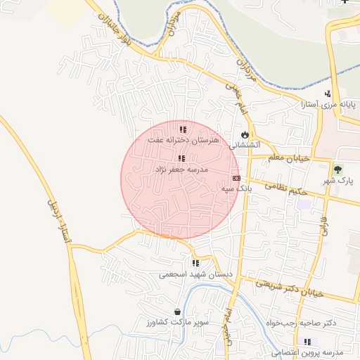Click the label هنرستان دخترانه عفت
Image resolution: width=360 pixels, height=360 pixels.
[184, 141]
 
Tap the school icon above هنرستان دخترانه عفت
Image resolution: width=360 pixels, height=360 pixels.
[183, 129]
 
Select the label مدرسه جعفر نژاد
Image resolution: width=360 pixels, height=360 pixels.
[181, 169]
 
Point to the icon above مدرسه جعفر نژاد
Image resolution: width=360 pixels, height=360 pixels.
[181, 159]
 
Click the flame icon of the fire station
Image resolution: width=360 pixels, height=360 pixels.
[244, 134]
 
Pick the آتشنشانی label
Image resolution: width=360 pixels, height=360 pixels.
[245, 144]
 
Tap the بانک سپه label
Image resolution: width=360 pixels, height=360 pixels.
[236, 188]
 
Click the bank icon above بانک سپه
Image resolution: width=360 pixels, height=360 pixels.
[236, 178]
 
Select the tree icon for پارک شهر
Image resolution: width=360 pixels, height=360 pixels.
[338, 169]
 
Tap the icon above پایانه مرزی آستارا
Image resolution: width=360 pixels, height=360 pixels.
[327, 94]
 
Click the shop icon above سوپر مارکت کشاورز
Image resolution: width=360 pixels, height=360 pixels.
[176, 311]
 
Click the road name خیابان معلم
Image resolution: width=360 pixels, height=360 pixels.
[289, 158]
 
